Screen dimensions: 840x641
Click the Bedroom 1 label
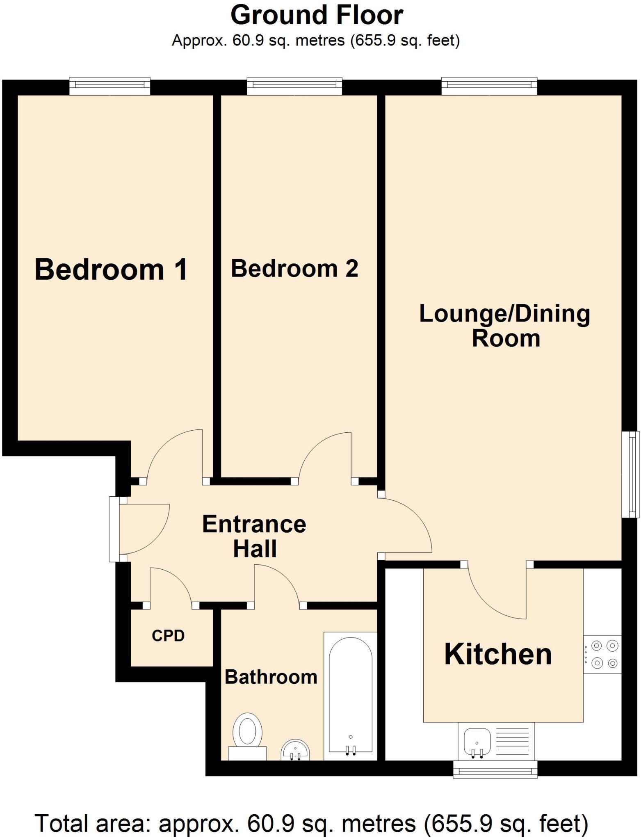(x=111, y=269)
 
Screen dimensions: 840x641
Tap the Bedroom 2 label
(x=294, y=269)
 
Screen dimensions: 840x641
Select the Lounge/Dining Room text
(x=505, y=326)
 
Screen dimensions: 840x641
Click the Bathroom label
(x=271, y=677)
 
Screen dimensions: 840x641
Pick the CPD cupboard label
(x=168, y=636)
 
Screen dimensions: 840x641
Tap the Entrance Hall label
(x=254, y=536)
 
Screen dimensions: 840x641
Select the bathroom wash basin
(x=295, y=750)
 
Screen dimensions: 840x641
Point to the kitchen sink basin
(x=477, y=742)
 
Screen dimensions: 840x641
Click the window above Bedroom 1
(x=109, y=86)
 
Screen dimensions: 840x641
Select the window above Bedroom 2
(x=294, y=86)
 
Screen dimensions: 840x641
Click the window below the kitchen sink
(x=495, y=769)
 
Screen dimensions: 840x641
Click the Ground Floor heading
(x=317, y=15)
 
